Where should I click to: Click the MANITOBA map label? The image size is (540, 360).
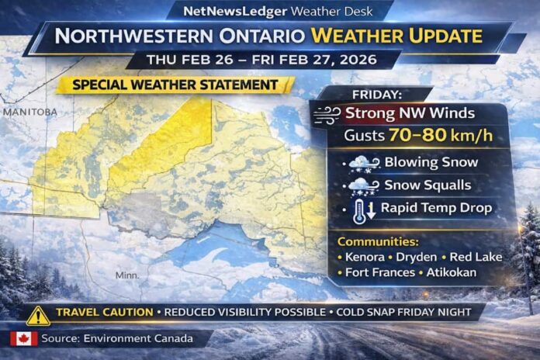coord(30,112)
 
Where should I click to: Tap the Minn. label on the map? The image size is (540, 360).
coord(128,275)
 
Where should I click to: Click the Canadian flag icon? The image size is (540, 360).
coord(23,338)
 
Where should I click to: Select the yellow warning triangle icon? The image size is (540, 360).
coord(37,314)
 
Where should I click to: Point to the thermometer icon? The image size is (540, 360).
coord(358,209)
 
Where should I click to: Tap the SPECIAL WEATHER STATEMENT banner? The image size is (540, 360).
coord(175,85)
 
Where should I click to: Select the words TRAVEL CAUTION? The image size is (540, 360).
coord(104,313)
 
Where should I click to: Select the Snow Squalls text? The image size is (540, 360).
coord(428,186)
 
